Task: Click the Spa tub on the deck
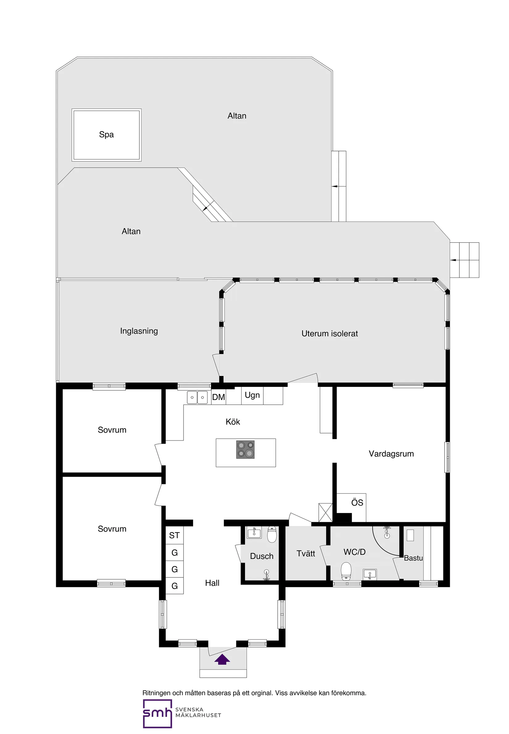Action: (x=106, y=135)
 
